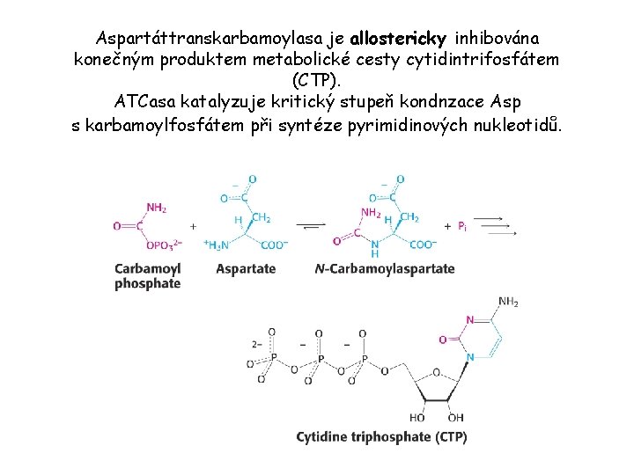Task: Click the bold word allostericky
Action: coord(398,40)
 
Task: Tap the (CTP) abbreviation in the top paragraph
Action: coord(317,82)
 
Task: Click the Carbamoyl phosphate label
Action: coord(147,275)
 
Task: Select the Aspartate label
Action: coord(246,268)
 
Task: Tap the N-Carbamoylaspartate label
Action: coord(385,268)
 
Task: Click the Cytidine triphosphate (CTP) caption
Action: coord(381,436)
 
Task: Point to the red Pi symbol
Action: coord(462,226)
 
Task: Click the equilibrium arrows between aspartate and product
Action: coord(311,226)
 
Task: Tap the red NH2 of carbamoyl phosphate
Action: coord(156,208)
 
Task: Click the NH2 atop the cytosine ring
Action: coord(508,302)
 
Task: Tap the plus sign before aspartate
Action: coord(193,226)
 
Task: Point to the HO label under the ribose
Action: coord(417,417)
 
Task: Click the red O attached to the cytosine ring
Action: coord(442,339)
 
